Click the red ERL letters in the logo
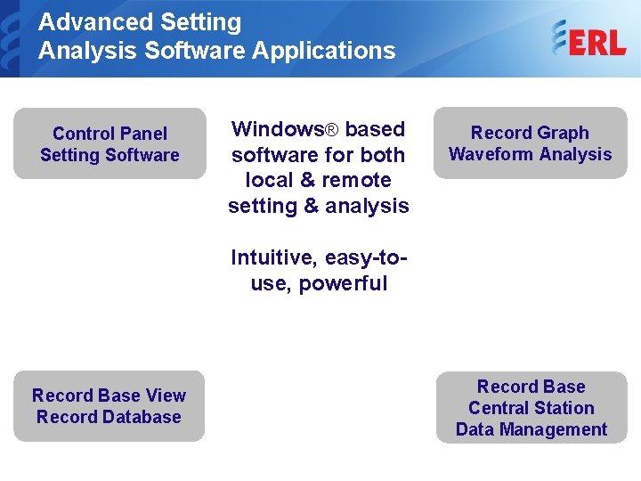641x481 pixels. pyautogui.click(x=597, y=41)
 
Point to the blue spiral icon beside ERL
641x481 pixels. pyautogui.click(x=559, y=39)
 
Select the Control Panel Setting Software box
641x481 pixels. pyautogui.click(x=110, y=144)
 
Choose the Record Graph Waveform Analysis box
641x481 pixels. pyautogui.click(x=530, y=143)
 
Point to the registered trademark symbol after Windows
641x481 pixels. pyautogui.click(x=330, y=130)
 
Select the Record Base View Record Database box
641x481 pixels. pyautogui.click(x=110, y=406)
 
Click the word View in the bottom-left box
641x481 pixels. pyautogui.click(x=166, y=395)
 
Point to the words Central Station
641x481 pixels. pyautogui.click(x=531, y=408)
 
